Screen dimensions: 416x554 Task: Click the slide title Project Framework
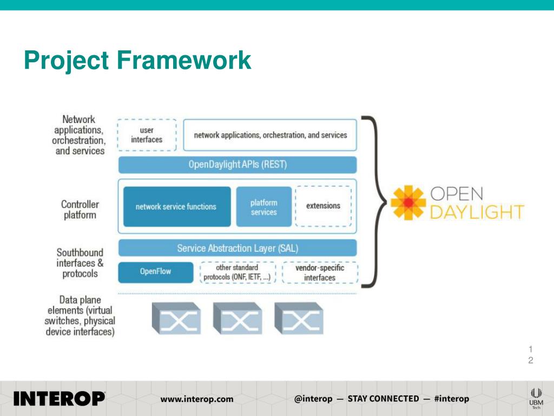click(x=137, y=60)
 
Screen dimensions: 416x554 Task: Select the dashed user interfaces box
click(x=147, y=135)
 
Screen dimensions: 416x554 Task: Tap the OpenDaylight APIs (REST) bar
click(x=238, y=165)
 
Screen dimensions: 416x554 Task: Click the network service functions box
click(x=176, y=206)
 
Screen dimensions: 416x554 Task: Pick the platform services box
click(x=264, y=207)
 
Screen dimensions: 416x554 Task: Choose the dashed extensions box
click(x=324, y=206)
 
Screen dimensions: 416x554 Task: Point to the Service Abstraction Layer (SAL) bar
click(x=238, y=248)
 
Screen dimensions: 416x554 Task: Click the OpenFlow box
click(x=156, y=272)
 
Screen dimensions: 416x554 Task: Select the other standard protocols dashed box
click(x=238, y=272)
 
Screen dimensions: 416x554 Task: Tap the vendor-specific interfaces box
click(x=320, y=272)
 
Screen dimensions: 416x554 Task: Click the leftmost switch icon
click(x=176, y=318)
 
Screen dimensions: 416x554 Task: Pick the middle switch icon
click(x=238, y=318)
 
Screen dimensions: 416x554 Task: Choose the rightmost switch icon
click(x=299, y=318)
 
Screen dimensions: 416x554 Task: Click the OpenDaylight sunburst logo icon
click(x=408, y=203)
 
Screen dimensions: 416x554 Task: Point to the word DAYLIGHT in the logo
click(x=477, y=212)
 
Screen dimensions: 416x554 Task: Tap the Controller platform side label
click(x=80, y=210)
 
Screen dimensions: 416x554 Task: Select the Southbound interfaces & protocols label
click(x=80, y=263)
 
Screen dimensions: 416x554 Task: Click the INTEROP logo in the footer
click(x=59, y=399)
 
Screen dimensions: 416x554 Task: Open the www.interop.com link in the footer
click(x=197, y=399)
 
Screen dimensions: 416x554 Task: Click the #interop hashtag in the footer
click(x=452, y=399)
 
